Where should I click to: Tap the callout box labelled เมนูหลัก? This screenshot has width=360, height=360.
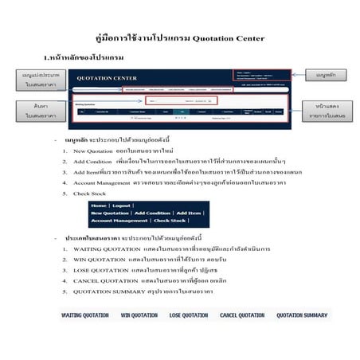click(327, 75)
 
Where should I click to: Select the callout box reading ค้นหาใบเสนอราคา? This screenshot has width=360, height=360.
click(31, 111)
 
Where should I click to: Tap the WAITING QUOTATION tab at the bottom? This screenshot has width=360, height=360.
click(85, 315)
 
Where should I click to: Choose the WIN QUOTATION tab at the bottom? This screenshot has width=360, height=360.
click(139, 315)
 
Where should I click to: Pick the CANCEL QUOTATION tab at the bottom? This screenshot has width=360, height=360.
click(242, 315)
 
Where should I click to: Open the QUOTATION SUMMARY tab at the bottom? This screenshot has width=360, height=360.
click(302, 315)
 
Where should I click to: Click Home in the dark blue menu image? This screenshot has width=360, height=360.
click(99, 205)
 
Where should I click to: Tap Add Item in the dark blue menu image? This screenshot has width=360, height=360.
click(190, 213)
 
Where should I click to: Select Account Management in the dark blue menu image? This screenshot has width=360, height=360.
click(120, 221)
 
